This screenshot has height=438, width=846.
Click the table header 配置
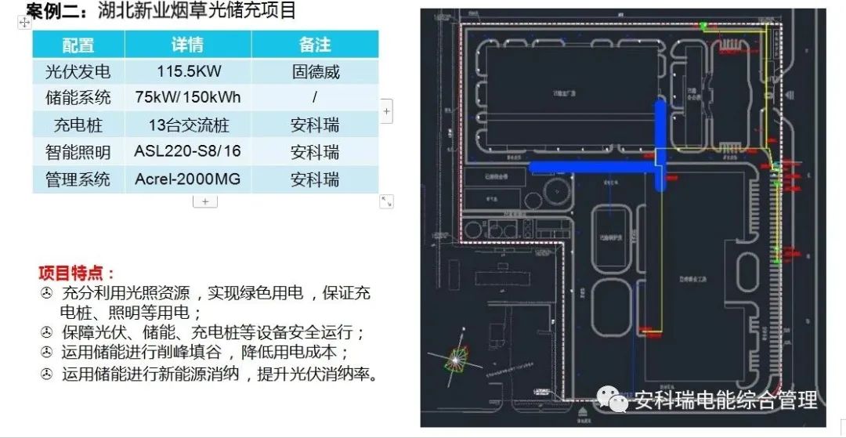pyautogui.click(x=78, y=45)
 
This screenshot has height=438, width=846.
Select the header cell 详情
pyautogui.click(x=188, y=45)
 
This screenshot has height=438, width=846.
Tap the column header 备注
pyautogui.click(x=315, y=45)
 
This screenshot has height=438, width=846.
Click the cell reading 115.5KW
pyautogui.click(x=189, y=72)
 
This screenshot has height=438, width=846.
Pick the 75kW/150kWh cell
pyautogui.click(x=188, y=98)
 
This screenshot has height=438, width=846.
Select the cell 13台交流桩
pyautogui.click(x=188, y=125)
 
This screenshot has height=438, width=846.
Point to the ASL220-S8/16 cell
pyautogui.click(x=188, y=152)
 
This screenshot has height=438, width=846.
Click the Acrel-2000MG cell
pyautogui.click(x=188, y=179)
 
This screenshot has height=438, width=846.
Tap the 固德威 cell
pyautogui.click(x=316, y=72)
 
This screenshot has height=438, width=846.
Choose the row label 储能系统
pyautogui.click(x=78, y=98)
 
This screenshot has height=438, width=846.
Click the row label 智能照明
pyautogui.click(x=78, y=152)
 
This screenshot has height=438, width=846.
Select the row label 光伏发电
pyautogui.click(x=78, y=72)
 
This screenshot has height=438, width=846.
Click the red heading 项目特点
pyautogui.click(x=77, y=273)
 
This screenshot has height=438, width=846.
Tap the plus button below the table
pyautogui.click(x=205, y=201)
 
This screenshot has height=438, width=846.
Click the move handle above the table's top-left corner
pyautogui.click(x=24, y=23)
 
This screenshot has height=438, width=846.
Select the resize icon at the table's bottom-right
pyautogui.click(x=386, y=201)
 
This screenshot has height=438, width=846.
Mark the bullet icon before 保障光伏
pyautogui.click(x=47, y=332)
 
